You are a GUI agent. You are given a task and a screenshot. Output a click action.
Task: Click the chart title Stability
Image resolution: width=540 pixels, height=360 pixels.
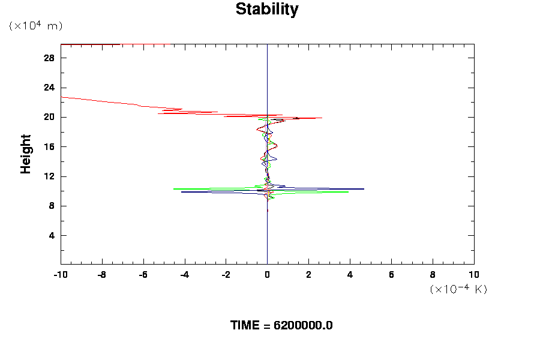266,10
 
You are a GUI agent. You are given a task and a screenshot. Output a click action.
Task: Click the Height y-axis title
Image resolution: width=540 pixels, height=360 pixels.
26,154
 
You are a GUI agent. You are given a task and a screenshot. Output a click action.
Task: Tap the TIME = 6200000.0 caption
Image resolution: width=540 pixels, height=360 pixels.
281,325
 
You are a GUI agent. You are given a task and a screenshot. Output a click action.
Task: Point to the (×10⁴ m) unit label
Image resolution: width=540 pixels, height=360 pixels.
36,26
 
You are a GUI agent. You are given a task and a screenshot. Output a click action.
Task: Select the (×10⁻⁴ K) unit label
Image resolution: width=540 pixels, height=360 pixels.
458,289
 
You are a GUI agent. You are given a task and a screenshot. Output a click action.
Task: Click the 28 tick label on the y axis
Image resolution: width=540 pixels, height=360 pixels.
49,58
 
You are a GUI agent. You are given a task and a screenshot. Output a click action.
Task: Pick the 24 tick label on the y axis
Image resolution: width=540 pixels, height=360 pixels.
49,88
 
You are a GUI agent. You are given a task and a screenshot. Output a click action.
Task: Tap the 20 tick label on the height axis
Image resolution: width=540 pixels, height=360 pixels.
49,117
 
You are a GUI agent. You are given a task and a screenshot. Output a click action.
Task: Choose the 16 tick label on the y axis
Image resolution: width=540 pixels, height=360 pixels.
49,147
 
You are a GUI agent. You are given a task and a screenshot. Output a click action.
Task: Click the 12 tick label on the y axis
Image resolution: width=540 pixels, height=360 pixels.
49,176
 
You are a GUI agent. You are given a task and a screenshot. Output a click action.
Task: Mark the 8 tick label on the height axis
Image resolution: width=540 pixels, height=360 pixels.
52,206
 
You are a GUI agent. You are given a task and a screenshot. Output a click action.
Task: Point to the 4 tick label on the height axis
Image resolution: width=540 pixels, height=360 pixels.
52,235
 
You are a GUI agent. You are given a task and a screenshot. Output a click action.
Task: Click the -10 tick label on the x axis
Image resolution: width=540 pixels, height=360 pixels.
60,275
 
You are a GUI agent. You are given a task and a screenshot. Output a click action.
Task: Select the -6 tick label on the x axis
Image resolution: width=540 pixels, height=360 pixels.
143,275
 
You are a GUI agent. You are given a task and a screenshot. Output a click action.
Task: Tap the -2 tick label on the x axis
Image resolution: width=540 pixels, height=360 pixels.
226,275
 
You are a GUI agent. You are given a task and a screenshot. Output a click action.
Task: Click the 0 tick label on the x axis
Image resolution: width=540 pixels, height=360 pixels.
267,275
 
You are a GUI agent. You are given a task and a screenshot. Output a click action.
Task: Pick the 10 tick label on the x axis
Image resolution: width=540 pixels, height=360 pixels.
474,275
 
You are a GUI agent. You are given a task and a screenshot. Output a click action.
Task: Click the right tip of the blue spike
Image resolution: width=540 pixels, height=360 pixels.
364,189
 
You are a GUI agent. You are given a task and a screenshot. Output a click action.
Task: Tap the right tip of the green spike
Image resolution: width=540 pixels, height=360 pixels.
348,192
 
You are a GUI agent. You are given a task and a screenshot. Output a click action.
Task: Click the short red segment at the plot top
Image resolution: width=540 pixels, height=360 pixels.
90,44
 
